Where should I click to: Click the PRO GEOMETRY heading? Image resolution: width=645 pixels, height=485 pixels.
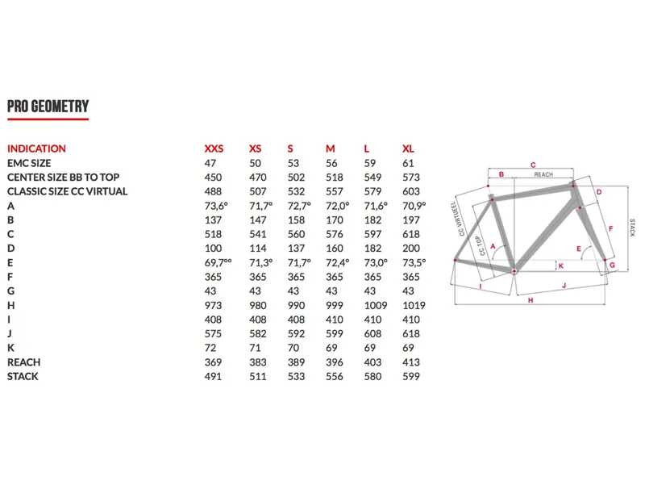(48, 107)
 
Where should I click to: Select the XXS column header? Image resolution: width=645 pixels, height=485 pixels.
(214, 148)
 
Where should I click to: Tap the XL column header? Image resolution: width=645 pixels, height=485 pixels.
(408, 148)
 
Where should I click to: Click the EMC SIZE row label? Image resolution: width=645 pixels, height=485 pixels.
(29, 163)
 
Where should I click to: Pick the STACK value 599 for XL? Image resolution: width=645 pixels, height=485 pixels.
(410, 376)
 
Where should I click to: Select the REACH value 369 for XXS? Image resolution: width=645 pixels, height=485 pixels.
(213, 362)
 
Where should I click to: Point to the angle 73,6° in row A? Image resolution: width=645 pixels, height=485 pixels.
(217, 206)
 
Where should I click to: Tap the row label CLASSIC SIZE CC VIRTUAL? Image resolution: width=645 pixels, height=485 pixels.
(67, 191)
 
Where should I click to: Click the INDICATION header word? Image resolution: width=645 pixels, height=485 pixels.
(36, 148)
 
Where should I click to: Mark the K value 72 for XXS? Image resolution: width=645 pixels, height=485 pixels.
(210, 348)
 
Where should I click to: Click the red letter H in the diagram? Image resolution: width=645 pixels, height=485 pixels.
(531, 300)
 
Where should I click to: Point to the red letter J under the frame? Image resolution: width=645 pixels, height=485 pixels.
(564, 284)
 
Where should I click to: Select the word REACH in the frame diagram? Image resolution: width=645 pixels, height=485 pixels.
(543, 174)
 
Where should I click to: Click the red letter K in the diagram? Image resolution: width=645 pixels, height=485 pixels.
(560, 265)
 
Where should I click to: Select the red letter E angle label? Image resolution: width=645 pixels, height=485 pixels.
(578, 249)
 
